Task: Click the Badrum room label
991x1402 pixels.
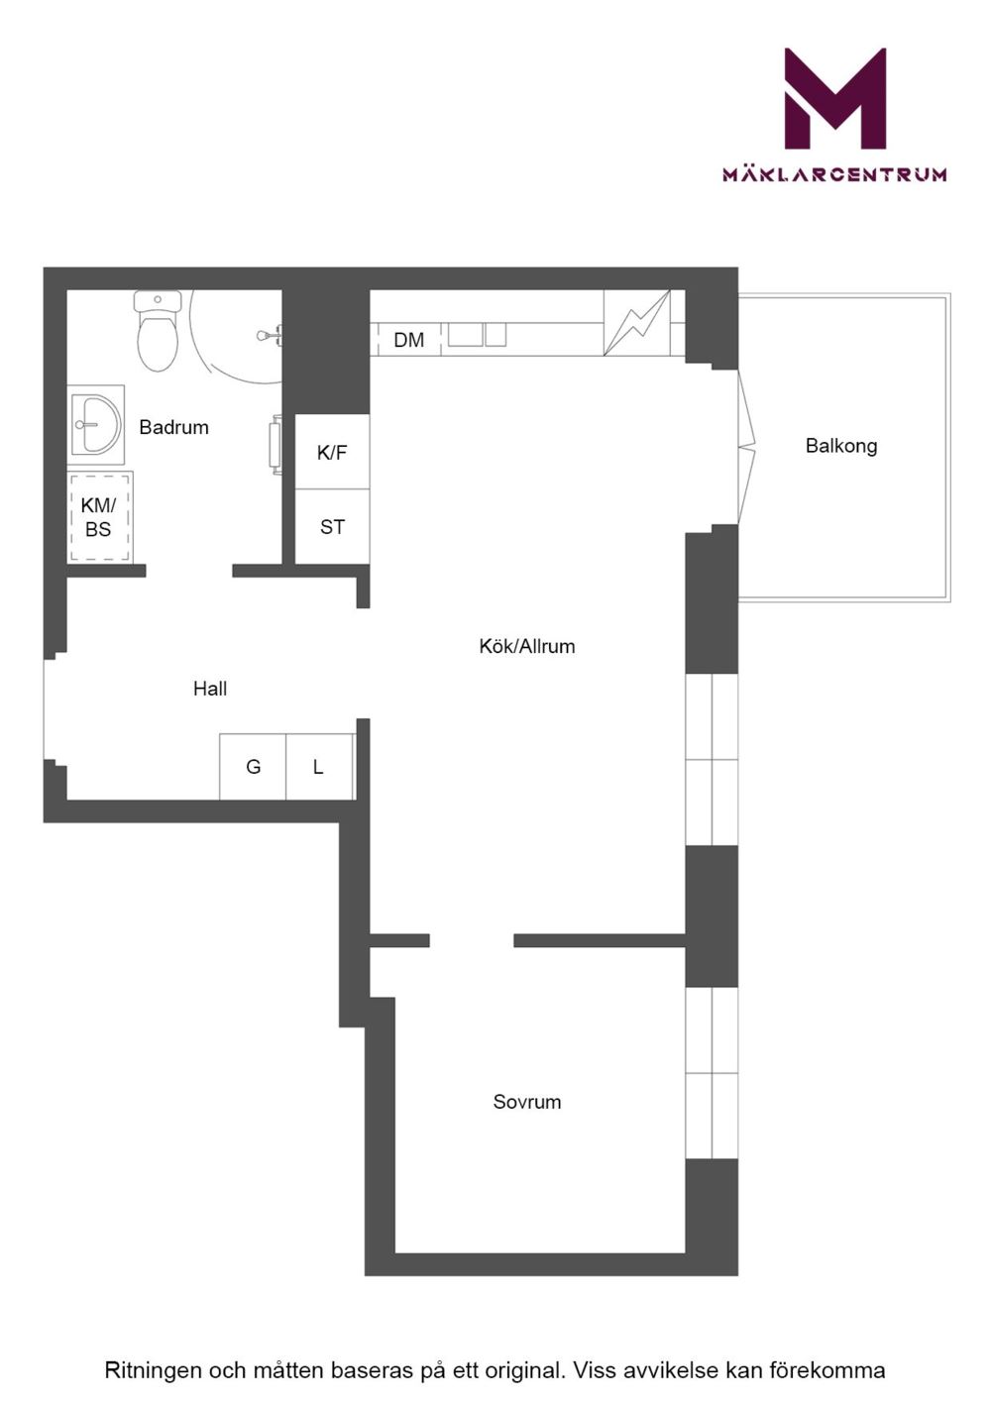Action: (173, 427)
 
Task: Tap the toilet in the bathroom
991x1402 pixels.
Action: (158, 331)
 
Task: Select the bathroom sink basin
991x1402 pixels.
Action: (96, 424)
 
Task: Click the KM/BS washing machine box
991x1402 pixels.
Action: (100, 517)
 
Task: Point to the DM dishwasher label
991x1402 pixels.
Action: (409, 340)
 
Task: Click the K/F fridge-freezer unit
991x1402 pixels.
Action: (332, 451)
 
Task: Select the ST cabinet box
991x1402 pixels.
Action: (332, 526)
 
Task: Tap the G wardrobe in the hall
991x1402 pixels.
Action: (253, 767)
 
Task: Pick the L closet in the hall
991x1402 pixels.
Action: (319, 767)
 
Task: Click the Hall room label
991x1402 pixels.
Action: (210, 689)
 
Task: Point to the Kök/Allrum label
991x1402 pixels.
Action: (527, 646)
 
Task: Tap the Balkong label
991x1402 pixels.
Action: (841, 446)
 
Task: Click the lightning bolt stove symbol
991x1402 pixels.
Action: (636, 323)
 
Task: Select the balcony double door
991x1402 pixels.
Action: (747, 447)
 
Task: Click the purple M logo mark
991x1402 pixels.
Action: (835, 98)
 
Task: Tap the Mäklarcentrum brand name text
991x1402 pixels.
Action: (835, 173)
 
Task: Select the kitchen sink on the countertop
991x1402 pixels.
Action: (477, 334)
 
